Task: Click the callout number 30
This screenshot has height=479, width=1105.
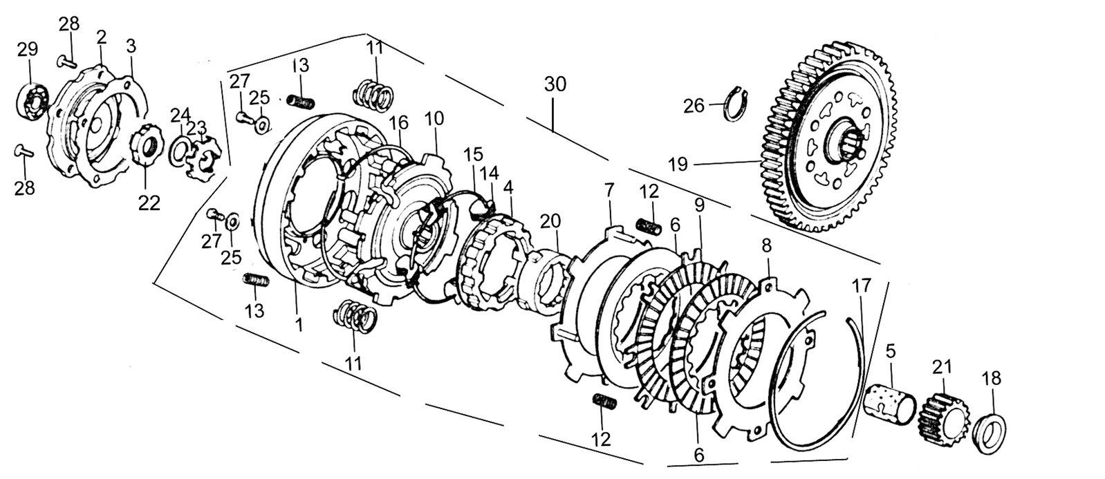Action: tap(555, 84)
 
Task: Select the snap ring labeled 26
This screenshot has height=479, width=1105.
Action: tap(737, 103)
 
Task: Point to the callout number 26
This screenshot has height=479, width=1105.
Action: tap(694, 106)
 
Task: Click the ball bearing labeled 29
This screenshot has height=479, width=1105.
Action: tap(34, 101)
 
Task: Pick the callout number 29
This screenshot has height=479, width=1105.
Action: tap(28, 49)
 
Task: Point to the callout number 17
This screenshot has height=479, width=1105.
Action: tap(862, 285)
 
